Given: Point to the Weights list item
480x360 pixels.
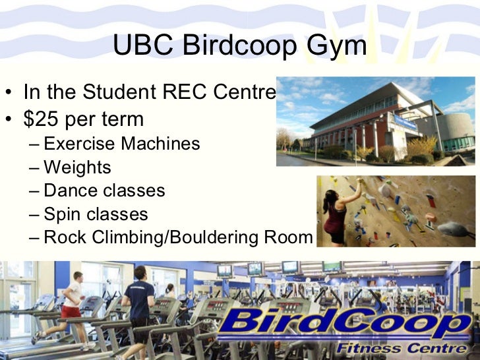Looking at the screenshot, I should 77,167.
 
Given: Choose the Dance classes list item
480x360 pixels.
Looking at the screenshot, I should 104,191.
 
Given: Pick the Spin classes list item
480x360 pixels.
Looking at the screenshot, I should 96,214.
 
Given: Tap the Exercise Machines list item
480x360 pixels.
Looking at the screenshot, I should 121,144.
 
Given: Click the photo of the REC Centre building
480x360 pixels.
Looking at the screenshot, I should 375,122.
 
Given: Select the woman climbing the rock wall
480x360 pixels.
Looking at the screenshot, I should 340,211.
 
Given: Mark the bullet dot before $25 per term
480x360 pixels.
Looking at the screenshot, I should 9,120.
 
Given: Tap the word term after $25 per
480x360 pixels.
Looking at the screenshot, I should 120,119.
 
